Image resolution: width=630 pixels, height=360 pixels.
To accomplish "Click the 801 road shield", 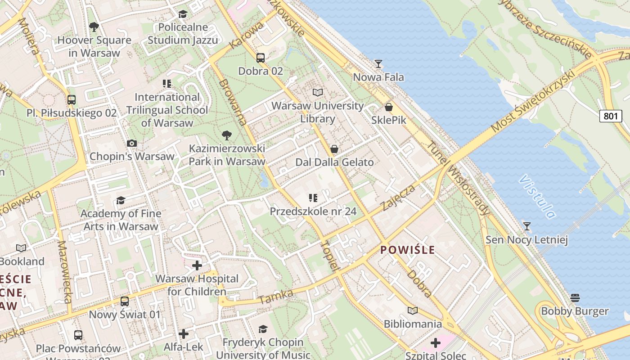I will pyautogui.click(x=611, y=116).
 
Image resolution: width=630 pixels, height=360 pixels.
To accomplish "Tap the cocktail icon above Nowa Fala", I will pyautogui.click(x=378, y=64).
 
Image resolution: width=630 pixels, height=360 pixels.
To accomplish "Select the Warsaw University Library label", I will pyautogui.click(x=318, y=112).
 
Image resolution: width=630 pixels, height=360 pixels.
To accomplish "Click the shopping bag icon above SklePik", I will pyautogui.click(x=389, y=107).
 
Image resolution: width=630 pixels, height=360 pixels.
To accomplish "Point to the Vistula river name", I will pyautogui.click(x=537, y=196).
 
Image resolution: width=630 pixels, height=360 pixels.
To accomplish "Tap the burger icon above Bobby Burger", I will pyautogui.click(x=575, y=297).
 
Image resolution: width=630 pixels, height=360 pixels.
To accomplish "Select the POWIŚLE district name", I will pyautogui.click(x=408, y=250).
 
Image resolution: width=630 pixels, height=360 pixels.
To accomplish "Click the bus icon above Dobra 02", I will pyautogui.click(x=261, y=58).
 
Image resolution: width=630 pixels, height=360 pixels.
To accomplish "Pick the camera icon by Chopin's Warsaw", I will pyautogui.click(x=132, y=143).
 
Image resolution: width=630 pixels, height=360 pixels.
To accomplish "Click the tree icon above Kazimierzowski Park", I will pyautogui.click(x=227, y=135).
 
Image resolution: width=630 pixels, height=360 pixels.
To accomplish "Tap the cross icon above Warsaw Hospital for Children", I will pyautogui.click(x=197, y=265).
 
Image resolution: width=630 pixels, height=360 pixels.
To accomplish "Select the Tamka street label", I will pyautogui.click(x=276, y=297).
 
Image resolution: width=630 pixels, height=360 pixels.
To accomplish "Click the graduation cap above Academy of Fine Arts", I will pyautogui.click(x=121, y=200).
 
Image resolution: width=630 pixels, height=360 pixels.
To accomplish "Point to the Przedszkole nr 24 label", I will pyautogui.click(x=313, y=211).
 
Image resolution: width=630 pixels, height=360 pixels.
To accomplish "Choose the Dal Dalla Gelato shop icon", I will pyautogui.click(x=334, y=149).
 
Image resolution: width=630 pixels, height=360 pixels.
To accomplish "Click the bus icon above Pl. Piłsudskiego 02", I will pyautogui.click(x=72, y=99).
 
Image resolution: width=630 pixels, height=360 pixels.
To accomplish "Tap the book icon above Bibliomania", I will pyautogui.click(x=413, y=310).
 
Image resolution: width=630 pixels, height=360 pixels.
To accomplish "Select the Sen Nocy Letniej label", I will pyautogui.click(x=526, y=240).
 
